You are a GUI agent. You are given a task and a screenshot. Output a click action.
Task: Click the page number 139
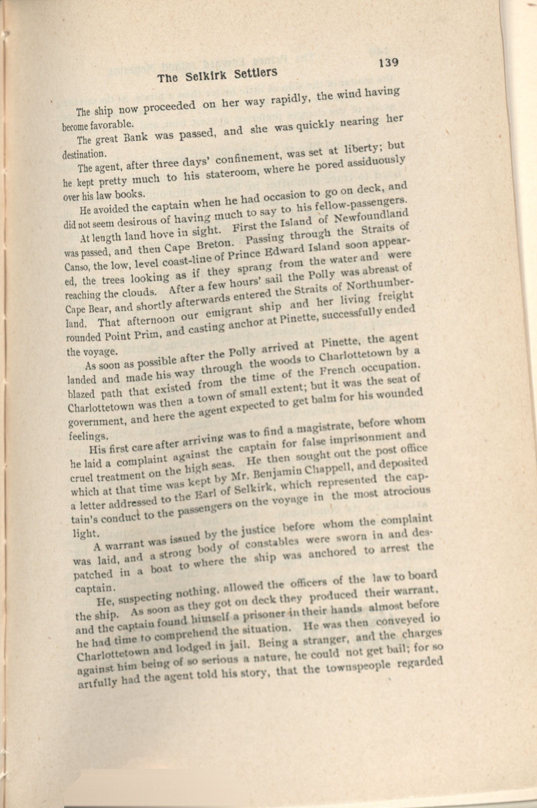click(x=388, y=63)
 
